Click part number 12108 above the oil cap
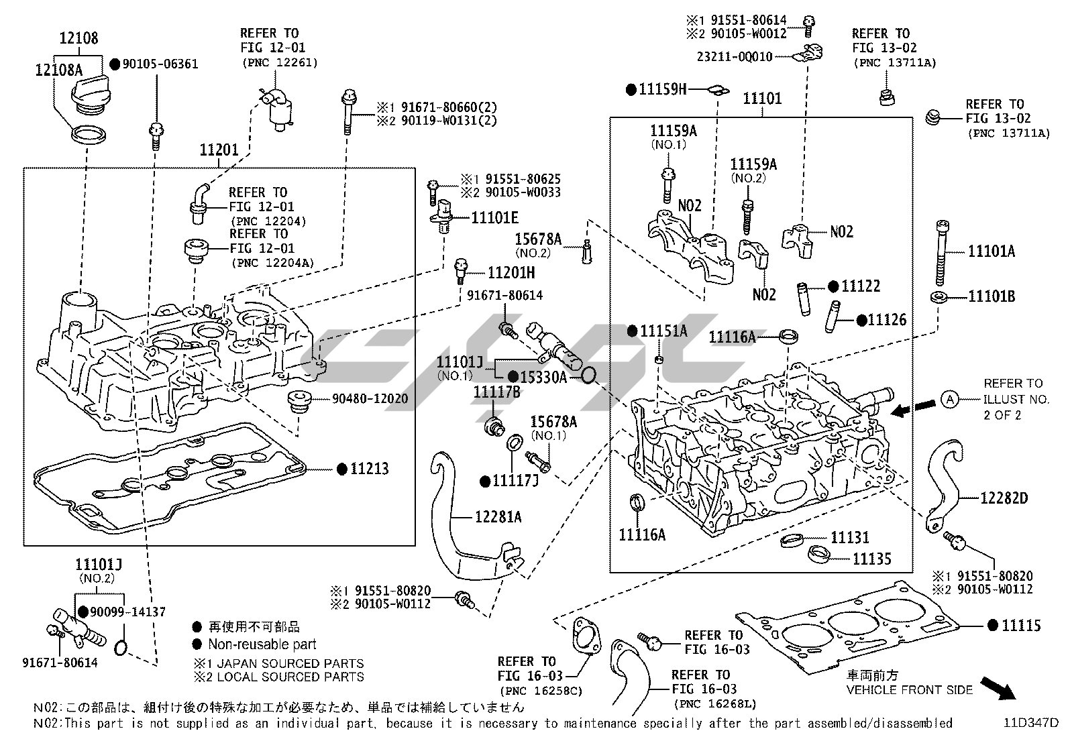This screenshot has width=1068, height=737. [79, 38]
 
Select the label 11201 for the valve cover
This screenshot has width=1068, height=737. [219, 150]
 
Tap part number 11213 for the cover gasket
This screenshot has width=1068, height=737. [369, 469]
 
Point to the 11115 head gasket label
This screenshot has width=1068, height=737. [1021, 626]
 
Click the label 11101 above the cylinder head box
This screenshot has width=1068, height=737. [762, 99]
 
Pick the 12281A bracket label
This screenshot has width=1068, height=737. [498, 517]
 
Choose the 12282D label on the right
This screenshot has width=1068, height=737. [1004, 498]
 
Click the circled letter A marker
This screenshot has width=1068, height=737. [949, 400]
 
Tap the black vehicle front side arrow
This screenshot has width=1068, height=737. [998, 687]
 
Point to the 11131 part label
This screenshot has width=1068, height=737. [849, 537]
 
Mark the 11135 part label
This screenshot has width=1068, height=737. [871, 558]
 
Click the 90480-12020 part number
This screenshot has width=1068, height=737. [370, 399]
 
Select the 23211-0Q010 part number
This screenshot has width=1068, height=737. [734, 57]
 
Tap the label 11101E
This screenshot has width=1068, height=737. [494, 217]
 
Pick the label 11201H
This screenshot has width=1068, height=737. [511, 272]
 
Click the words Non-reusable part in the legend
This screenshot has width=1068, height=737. [262, 644]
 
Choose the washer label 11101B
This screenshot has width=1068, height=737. [991, 296]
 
